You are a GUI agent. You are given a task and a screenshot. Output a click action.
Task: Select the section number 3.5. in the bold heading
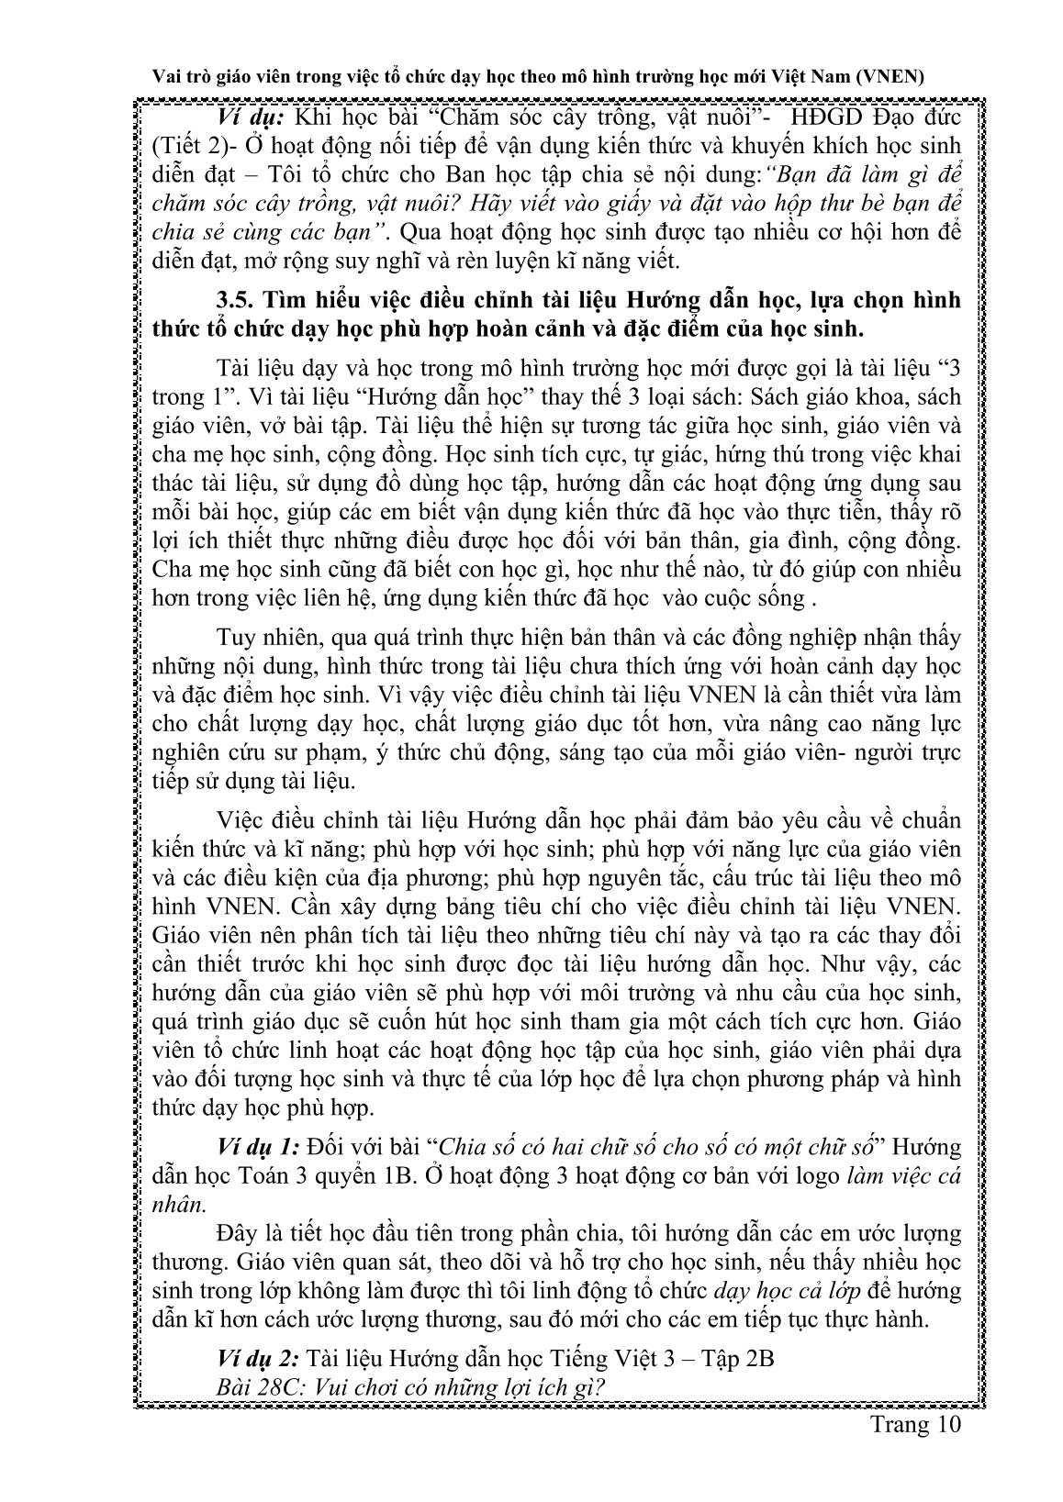click(x=237, y=301)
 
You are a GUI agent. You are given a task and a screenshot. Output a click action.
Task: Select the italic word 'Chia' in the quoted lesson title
click(x=462, y=1147)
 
